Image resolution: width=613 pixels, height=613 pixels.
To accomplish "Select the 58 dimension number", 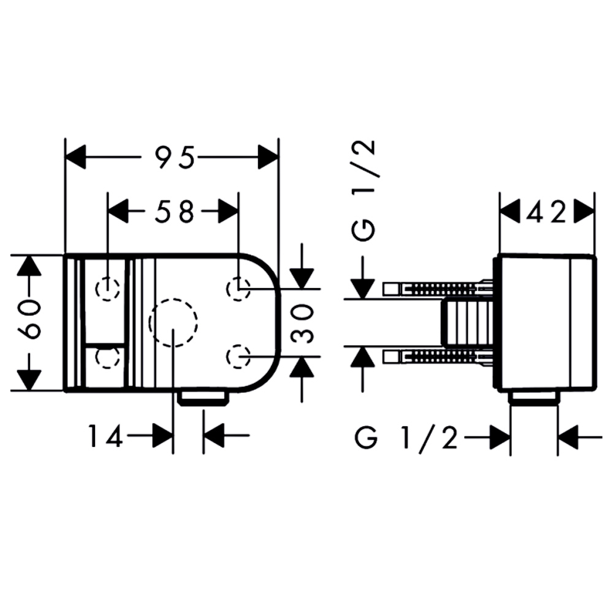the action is (174, 211).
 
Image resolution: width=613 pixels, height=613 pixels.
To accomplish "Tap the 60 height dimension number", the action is (29, 319).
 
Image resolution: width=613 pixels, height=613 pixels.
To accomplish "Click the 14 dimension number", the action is (105, 436).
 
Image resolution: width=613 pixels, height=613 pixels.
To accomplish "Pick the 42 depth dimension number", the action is (546, 211).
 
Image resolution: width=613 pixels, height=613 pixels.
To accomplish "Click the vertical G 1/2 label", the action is (364, 191).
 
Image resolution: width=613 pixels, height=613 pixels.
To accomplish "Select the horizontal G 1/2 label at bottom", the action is (406, 438).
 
